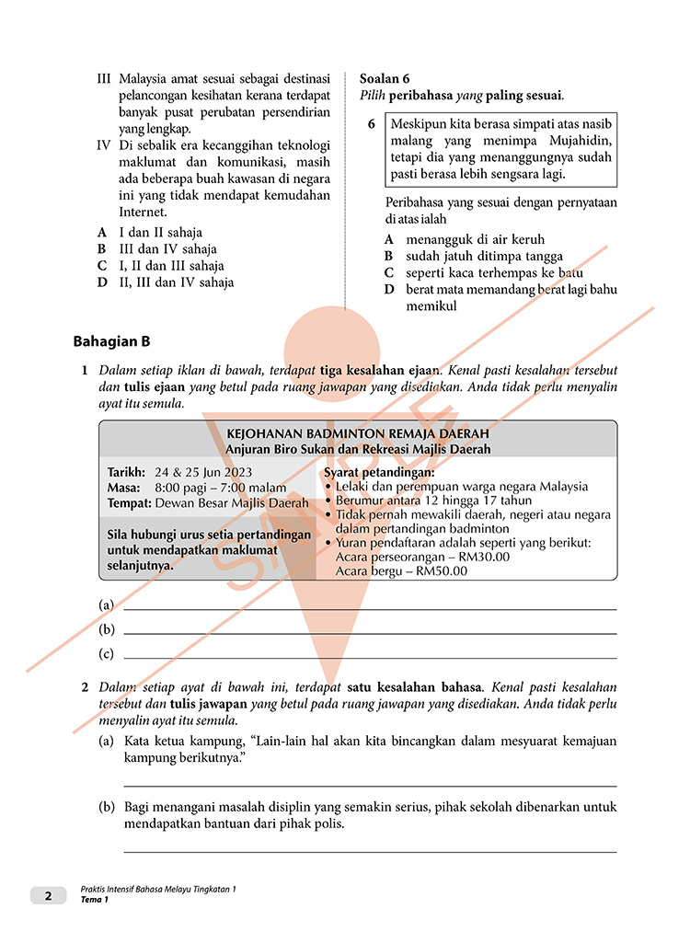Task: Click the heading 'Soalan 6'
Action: pos(385,78)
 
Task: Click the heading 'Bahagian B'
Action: pos(111,342)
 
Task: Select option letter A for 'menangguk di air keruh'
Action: pos(388,239)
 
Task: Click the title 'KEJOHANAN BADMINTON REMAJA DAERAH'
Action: pos(358,432)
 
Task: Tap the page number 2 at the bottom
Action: pos(48,895)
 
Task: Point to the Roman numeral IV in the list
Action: pos(104,145)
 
